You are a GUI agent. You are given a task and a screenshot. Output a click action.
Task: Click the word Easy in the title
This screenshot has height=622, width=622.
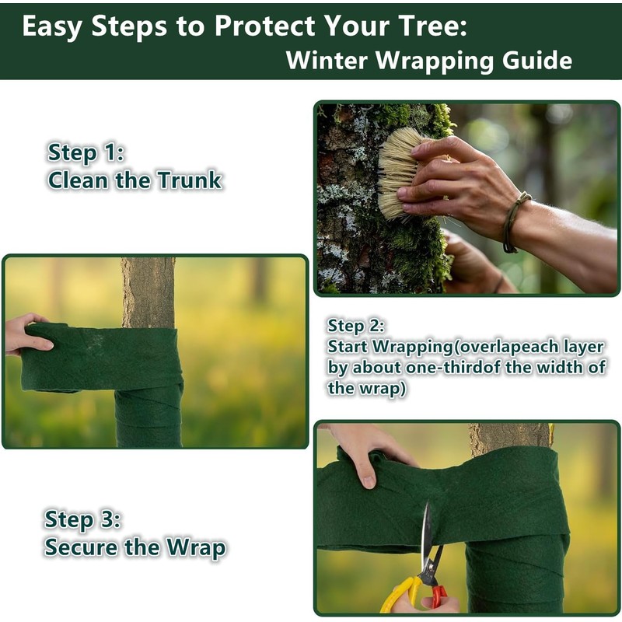click(x=53, y=26)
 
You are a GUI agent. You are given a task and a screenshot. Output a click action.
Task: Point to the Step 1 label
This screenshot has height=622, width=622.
click(x=86, y=152)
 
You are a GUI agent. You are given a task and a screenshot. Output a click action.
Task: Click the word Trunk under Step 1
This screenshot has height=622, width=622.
click(x=189, y=181)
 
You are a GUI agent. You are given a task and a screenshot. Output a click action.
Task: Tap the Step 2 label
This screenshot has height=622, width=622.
click(x=356, y=326)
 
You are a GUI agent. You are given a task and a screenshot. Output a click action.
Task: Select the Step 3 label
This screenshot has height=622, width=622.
click(x=82, y=519)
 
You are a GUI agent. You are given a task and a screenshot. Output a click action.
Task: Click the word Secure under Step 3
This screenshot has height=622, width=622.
click(x=80, y=547)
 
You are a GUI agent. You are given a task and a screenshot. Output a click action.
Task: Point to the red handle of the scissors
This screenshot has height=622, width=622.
click(x=438, y=596)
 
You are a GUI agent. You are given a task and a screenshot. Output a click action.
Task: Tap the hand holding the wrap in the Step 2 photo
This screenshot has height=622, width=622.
click(x=26, y=334)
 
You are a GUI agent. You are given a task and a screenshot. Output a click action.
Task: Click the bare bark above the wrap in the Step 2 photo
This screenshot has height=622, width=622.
click(x=148, y=292)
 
